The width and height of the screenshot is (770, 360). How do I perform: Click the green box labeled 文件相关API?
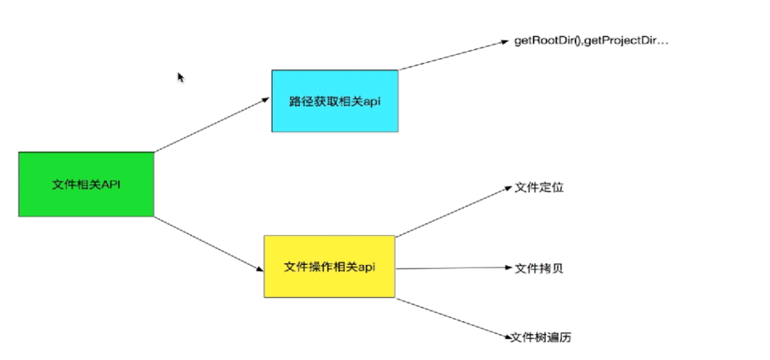point(86,184)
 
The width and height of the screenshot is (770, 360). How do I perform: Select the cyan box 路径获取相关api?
point(335,101)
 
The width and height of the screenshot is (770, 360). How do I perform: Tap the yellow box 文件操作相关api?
point(329,267)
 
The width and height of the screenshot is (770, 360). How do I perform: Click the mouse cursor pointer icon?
point(180,77)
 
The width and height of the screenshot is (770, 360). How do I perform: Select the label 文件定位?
point(539,188)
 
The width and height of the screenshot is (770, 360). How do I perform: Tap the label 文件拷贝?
point(539,268)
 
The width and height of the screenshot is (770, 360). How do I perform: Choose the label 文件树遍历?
point(541,337)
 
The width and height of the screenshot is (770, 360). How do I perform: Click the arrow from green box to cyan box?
point(211,125)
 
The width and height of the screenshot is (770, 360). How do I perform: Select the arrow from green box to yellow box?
point(208,243)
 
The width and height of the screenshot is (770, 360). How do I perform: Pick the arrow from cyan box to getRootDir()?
point(453,55)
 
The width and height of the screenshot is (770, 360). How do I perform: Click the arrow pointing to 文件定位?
point(453,212)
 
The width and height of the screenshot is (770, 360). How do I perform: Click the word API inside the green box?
point(111,184)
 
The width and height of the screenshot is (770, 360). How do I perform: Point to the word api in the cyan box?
point(372,101)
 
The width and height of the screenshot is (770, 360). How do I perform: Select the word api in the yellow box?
point(366,267)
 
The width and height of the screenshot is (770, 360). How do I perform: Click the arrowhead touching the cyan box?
point(265,99)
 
